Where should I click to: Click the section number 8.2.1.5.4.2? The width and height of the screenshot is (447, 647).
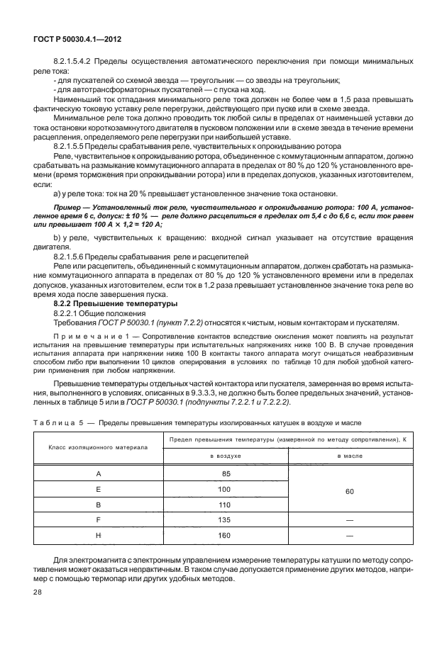point(74,62)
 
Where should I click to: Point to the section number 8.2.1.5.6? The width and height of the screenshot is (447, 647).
point(72,254)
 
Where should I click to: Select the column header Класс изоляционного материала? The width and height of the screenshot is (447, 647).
point(98,448)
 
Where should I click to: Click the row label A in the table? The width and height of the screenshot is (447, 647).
point(98,473)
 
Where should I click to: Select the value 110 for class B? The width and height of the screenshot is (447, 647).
point(225,505)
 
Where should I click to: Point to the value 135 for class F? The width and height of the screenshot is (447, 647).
point(225,520)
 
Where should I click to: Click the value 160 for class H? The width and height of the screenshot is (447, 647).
point(225,536)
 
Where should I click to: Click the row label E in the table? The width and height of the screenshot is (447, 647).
point(98,489)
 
